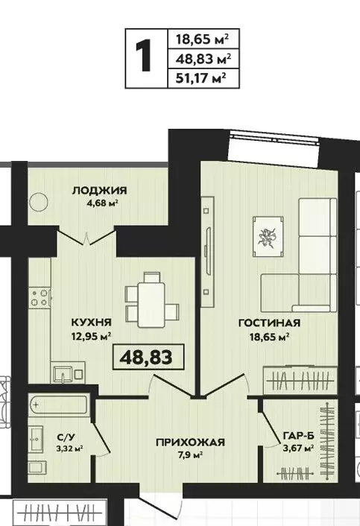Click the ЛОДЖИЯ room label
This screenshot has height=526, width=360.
click(99, 190)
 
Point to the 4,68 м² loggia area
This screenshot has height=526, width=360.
click(99, 202)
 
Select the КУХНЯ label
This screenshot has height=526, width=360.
click(92, 322)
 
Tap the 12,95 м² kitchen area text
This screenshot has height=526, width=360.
click(92, 336)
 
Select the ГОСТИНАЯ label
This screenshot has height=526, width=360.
click(269, 323)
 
